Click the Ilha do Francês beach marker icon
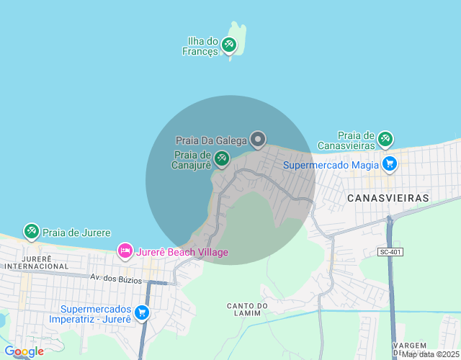click(x=229, y=45)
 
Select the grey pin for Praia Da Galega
click(x=257, y=138)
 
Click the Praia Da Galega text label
click(x=211, y=140)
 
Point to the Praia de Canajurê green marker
click(x=222, y=158)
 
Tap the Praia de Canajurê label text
click(x=192, y=160)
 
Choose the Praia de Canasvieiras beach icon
click(x=385, y=138)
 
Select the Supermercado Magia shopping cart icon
click(x=390, y=164)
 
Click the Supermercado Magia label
click(x=331, y=165)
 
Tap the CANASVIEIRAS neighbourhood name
click(x=388, y=197)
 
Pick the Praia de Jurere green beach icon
click(x=31, y=231)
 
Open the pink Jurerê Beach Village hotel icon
click(x=125, y=251)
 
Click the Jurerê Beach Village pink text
click(x=182, y=252)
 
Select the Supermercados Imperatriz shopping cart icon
click(x=141, y=312)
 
